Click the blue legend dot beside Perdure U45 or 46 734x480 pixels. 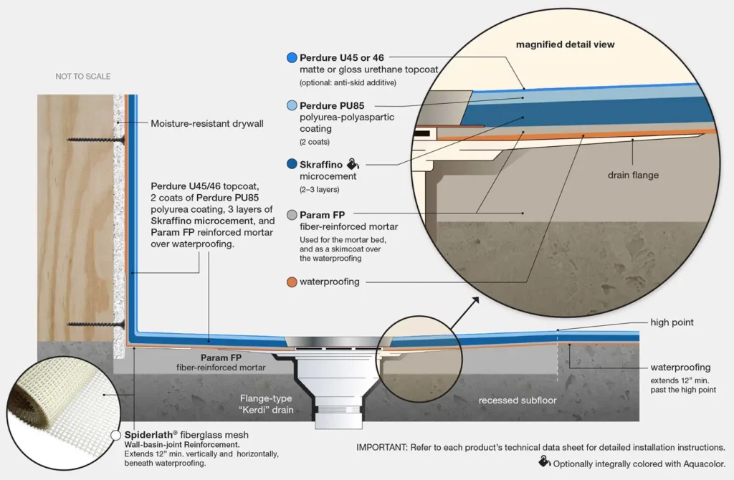(292, 57)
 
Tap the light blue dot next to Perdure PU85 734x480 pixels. (292, 105)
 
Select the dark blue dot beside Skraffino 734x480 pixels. (292, 164)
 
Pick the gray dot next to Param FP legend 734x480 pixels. (292, 215)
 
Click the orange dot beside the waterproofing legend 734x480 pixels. (292, 282)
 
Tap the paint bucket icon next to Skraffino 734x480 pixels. (353, 164)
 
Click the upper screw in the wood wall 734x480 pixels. (96, 140)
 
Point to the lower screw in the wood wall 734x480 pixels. (96, 325)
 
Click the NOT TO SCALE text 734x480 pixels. (83, 76)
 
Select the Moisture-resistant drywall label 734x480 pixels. (207, 123)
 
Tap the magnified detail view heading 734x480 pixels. (565, 44)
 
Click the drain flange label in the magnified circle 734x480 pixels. (633, 175)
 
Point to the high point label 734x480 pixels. (672, 322)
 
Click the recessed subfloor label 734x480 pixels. (518, 400)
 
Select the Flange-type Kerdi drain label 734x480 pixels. (266, 404)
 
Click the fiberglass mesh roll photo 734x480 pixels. (63, 412)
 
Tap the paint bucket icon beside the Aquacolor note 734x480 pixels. (544, 462)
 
